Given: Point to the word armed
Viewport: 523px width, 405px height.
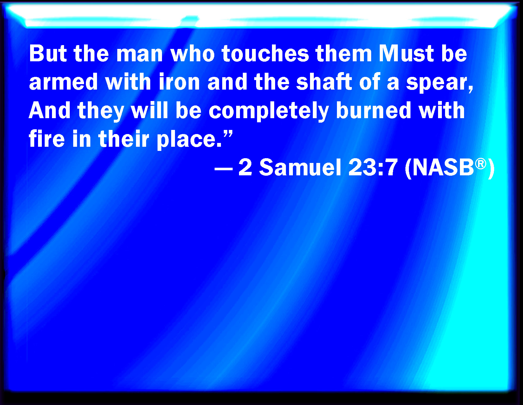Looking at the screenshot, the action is point(63,82).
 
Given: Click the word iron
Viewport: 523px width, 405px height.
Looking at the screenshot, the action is point(179,82).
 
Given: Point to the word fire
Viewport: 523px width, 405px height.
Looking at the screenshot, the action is point(47,139).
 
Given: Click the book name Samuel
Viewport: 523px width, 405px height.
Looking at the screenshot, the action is point(300,167).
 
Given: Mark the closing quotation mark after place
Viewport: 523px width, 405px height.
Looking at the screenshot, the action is point(228,134).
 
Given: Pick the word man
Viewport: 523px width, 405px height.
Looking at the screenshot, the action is point(139,55).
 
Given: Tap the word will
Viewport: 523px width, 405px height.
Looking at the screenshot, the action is point(149,110).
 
